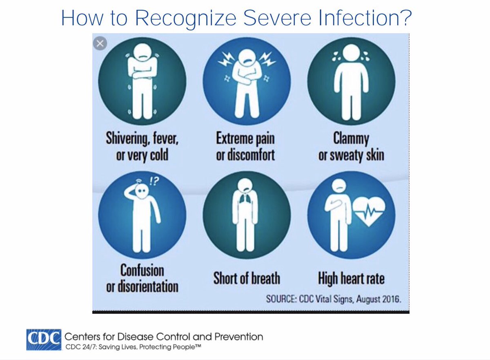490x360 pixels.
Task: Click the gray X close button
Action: [100, 43]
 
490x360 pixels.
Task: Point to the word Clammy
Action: [351, 139]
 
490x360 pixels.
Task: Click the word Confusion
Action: [142, 271]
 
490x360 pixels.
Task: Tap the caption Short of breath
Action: [247, 279]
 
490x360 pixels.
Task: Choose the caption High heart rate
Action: [351, 279]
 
